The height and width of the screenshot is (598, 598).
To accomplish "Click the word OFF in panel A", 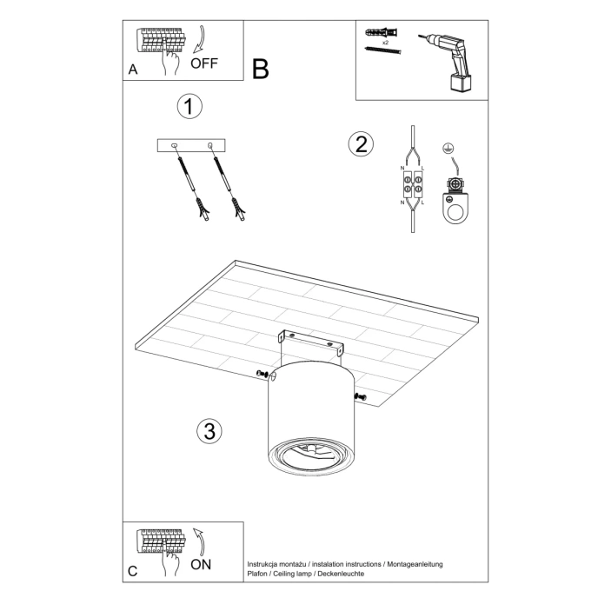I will [x=204, y=63].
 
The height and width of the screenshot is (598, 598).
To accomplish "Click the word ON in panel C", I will [x=201, y=563].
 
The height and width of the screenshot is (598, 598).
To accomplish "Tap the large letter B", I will [x=261, y=70].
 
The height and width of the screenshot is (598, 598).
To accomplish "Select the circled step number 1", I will [x=189, y=107].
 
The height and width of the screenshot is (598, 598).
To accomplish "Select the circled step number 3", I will [x=207, y=430].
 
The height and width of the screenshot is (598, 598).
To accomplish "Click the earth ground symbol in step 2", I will [x=448, y=149].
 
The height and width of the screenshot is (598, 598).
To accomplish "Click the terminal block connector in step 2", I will [x=411, y=184].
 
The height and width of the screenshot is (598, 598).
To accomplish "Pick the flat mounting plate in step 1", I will [x=191, y=146].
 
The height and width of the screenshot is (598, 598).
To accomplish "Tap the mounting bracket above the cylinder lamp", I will [x=309, y=342].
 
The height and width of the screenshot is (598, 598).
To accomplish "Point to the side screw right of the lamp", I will [x=361, y=397].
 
